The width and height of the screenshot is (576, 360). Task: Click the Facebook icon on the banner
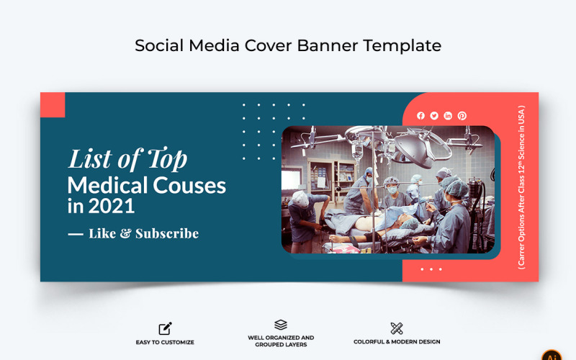(x=420, y=116)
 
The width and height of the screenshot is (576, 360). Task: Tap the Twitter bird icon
(x=434, y=116)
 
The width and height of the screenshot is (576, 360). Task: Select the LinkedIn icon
(x=448, y=116)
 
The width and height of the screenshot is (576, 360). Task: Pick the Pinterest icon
(x=462, y=116)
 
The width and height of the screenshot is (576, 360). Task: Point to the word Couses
(x=190, y=185)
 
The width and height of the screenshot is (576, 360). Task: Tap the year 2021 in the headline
(x=111, y=207)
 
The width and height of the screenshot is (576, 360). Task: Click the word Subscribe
(x=167, y=233)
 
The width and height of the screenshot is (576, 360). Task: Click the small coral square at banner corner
(x=53, y=104)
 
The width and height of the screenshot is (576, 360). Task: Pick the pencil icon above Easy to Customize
(x=165, y=328)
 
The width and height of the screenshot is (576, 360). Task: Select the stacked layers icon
(x=281, y=325)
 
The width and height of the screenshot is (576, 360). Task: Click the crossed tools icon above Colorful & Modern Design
(x=397, y=328)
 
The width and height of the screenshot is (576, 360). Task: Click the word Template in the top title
(x=402, y=45)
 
